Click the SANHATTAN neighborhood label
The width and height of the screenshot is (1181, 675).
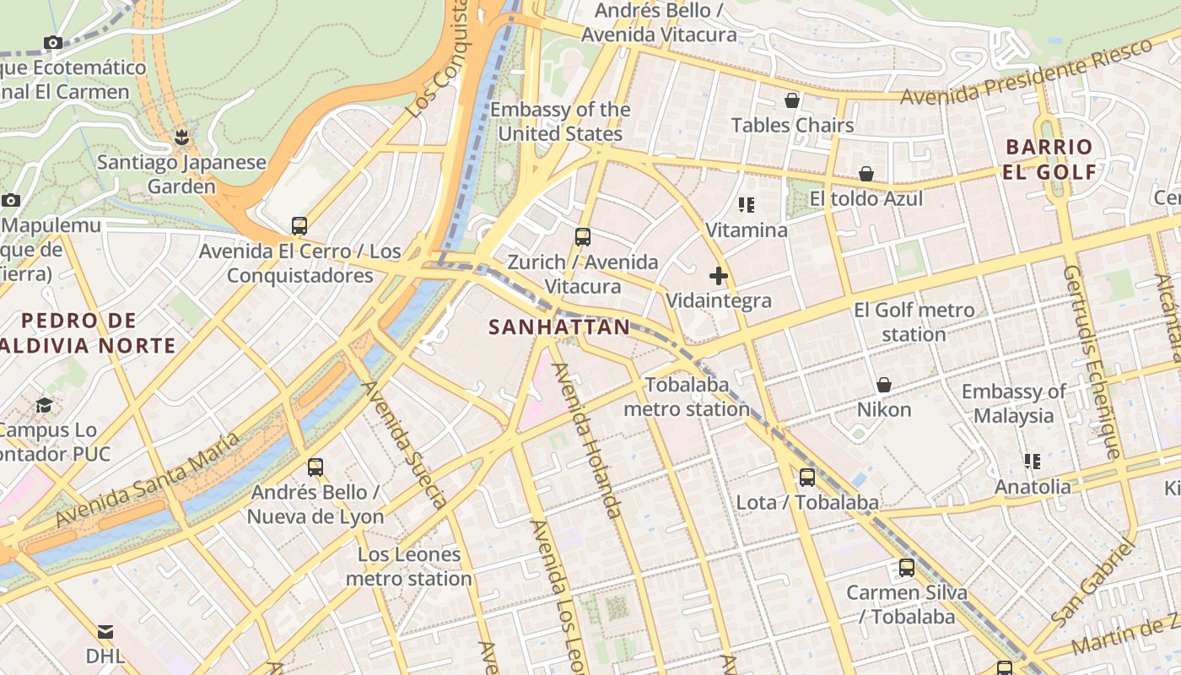pos(559,327)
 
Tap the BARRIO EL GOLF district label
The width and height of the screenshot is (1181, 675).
pos(1050,159)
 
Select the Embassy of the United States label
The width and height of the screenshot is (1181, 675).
pos(560,121)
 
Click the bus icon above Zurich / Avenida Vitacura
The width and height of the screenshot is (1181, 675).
pos(582,237)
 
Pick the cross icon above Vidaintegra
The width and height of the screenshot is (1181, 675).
pos(719,276)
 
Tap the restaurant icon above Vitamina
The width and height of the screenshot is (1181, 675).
pos(747,205)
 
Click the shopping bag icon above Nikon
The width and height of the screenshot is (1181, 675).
pos(884,385)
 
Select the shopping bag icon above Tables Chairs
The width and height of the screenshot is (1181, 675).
pos(792,101)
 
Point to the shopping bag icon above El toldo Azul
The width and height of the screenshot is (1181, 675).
pos(866,175)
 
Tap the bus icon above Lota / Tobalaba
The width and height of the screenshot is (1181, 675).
pos(807,478)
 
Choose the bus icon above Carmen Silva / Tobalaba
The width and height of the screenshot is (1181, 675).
pos(907,568)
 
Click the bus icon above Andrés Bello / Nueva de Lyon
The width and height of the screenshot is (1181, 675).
pos(315,467)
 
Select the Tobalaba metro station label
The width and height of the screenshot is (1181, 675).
pos(686,397)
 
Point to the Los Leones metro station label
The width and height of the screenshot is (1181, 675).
pos(408,566)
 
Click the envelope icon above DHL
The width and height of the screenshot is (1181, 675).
pos(105,632)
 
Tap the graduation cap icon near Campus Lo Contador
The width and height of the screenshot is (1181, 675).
pos(44,406)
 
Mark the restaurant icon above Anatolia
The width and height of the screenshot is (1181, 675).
pos(1033,462)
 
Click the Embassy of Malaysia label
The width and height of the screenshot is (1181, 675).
pos(1013,403)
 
